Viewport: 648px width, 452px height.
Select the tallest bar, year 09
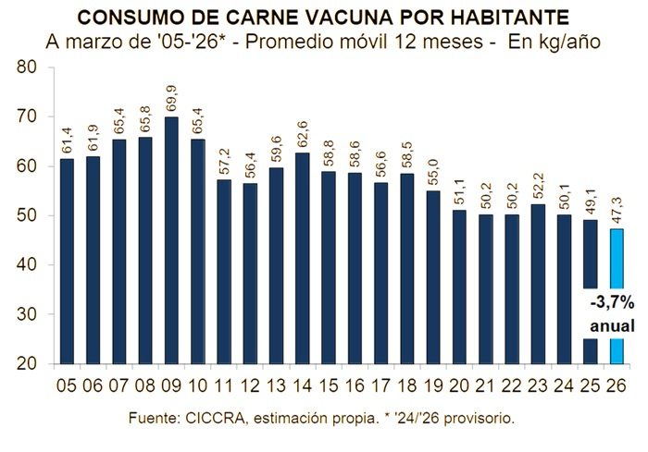pos(171,240)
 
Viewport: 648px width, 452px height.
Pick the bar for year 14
pos(302,258)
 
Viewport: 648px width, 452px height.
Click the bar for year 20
pos(460,287)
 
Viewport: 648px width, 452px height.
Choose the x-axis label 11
pos(223,385)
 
